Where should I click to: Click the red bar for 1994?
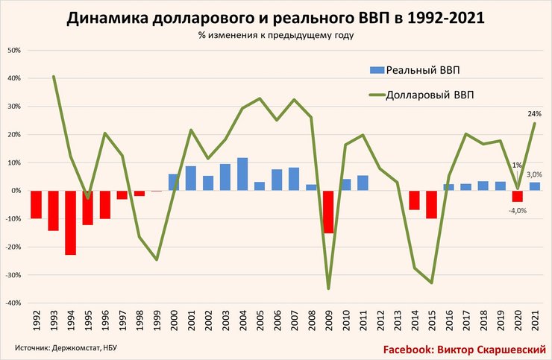point(70,222)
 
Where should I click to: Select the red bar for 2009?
point(329,212)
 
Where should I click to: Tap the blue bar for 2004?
point(242,174)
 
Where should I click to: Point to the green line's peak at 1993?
point(54,76)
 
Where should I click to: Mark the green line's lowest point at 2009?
point(329,288)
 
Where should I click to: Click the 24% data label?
point(535,114)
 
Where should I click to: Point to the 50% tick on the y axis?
point(14,51)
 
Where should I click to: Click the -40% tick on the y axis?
point(13,303)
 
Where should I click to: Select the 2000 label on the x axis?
point(174,323)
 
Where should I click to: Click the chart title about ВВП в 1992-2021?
point(275,19)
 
